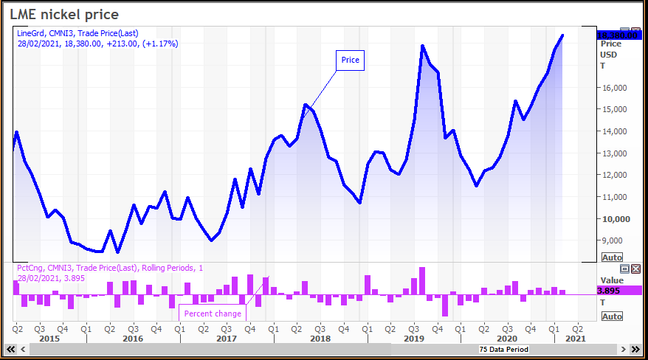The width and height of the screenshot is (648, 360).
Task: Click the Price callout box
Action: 351,60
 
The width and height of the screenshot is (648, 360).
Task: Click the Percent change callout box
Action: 213,314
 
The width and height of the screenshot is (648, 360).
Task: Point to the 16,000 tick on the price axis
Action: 616,88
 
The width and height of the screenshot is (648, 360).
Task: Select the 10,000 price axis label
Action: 616,219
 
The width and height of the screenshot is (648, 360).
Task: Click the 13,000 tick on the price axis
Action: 616,153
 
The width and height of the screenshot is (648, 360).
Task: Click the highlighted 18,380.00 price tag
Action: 616,35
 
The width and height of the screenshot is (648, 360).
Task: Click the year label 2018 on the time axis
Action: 320,339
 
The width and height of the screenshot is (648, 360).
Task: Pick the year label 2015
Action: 49,339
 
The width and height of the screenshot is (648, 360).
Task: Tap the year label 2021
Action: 575,339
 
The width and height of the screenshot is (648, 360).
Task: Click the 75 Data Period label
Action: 503,349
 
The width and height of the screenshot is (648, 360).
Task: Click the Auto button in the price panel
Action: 612,257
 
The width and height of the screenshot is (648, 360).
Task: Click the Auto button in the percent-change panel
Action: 612,316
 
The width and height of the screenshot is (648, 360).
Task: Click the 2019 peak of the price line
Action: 422,46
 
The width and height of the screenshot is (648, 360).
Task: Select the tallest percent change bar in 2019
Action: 422,280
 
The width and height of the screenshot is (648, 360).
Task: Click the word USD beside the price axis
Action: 608,55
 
